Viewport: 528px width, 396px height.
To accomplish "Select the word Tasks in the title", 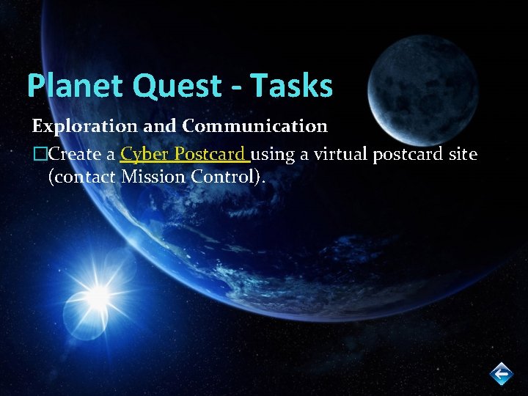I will (292, 86).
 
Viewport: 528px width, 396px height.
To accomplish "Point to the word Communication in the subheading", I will (254, 126).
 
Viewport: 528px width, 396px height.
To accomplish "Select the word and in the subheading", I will (164, 126).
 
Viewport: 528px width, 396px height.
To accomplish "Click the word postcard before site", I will (414, 155).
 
